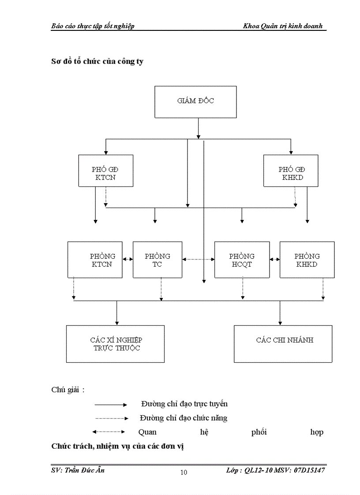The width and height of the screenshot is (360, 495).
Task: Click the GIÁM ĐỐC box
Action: (x=195, y=101)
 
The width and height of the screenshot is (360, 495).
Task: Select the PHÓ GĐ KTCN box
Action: (x=105, y=171)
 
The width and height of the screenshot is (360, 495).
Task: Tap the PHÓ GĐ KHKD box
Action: (x=291, y=171)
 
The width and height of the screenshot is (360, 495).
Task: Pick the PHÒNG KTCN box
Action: (x=95, y=260)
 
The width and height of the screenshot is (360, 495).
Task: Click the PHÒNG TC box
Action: (x=157, y=260)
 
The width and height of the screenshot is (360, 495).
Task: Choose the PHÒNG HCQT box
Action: (x=242, y=260)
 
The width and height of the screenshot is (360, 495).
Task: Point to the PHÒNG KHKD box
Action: (x=307, y=260)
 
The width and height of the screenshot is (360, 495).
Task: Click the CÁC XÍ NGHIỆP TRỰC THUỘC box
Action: (x=115, y=344)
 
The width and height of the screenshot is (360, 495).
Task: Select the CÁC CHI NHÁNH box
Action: (x=283, y=344)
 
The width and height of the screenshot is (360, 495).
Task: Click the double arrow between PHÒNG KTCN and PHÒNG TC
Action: (x=127, y=260)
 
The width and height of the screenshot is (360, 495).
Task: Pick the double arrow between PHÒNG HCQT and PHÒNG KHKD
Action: (x=274, y=260)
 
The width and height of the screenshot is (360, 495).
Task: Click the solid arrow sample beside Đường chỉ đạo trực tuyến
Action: (x=111, y=404)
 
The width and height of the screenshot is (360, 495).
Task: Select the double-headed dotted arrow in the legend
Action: (x=109, y=432)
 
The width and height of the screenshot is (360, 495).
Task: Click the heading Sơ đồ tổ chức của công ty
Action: (x=97, y=61)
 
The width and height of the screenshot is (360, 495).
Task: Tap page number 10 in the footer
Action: (x=184, y=473)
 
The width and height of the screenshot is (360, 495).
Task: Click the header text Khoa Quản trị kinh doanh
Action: (x=283, y=26)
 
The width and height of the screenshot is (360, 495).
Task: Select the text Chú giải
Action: (x=68, y=390)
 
